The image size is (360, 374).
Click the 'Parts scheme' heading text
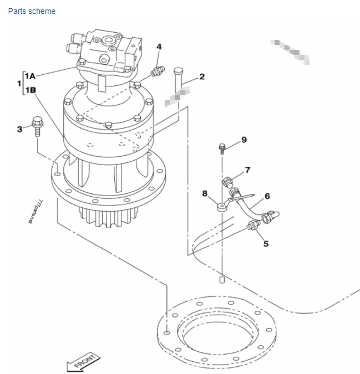pos(32,11)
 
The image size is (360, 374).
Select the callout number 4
pos(159,47)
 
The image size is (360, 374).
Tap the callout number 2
pos(202,76)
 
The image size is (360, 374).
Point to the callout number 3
pos(19,129)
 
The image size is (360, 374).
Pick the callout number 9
pos(244,140)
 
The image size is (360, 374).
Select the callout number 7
pos(247,170)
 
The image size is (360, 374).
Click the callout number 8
pos(205,193)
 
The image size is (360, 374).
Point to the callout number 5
pos(266,243)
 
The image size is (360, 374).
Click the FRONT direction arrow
pos(82,362)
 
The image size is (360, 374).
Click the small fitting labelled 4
pos(158,71)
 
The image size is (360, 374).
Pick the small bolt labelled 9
pos(222,148)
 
